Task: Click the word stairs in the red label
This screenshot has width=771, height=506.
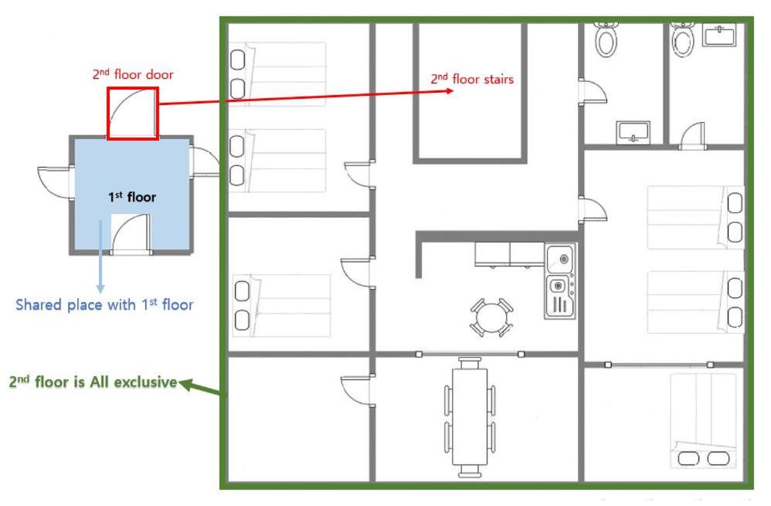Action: [498, 79]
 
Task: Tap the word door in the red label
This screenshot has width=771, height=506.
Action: [159, 75]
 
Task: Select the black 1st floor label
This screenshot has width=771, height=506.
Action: [132, 197]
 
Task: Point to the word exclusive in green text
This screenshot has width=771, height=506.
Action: [146, 382]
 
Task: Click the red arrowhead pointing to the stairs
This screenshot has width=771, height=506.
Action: [448, 90]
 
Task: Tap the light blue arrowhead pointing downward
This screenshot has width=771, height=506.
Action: [100, 289]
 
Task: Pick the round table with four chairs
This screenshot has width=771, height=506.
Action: [491, 317]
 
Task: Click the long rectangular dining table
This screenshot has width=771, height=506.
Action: [470, 416]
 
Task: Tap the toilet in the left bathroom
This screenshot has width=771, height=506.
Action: [606, 39]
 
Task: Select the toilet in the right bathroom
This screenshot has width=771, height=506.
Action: [682, 39]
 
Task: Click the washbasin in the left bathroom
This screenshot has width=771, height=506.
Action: [633, 132]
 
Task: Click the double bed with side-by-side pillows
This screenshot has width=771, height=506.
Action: [703, 420]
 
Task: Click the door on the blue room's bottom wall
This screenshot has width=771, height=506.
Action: [131, 234]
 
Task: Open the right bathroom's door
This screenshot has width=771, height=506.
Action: [693, 135]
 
